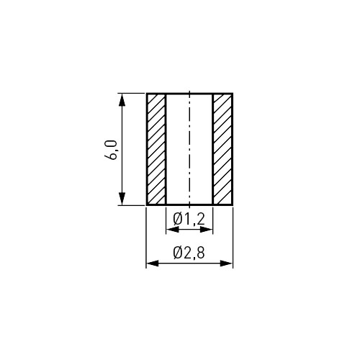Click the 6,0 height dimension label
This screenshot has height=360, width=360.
(x=111, y=150)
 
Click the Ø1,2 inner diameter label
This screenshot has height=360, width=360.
(x=189, y=219)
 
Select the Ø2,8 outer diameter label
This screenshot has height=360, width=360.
(x=189, y=253)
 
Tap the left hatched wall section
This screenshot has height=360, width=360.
(x=156, y=149)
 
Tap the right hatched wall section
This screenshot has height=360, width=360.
(x=222, y=149)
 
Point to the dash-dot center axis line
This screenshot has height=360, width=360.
(x=189, y=149)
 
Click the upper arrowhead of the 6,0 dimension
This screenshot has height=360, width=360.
(x=122, y=99)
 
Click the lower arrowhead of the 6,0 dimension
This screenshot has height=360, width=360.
(x=122, y=199)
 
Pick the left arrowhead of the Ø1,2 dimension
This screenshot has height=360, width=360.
(x=173, y=230)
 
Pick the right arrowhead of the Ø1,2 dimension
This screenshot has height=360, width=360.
(x=207, y=230)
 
